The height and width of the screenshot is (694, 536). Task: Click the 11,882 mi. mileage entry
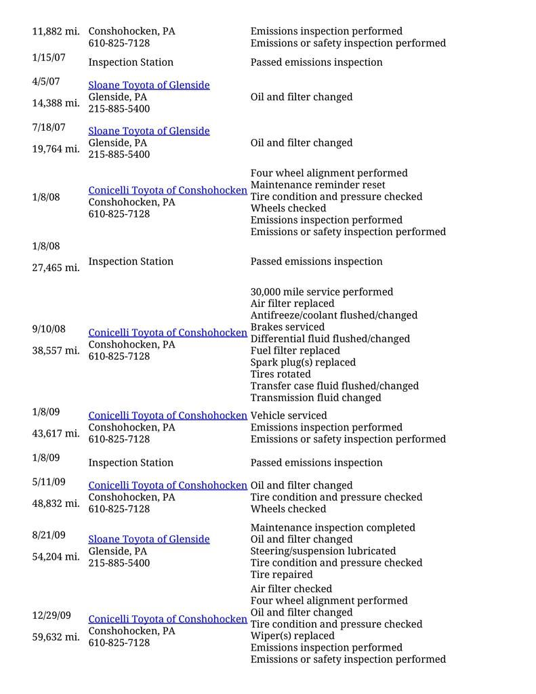click(56, 31)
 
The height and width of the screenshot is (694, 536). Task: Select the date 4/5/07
click(46, 81)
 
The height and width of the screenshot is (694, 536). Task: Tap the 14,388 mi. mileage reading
click(56, 103)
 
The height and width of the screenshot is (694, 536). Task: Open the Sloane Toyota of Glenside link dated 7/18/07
click(149, 131)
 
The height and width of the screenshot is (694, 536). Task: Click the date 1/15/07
click(49, 58)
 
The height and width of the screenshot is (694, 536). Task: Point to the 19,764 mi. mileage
click(56, 148)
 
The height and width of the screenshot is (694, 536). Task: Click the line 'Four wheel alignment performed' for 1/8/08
click(329, 173)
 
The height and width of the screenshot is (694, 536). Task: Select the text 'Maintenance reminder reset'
click(317, 185)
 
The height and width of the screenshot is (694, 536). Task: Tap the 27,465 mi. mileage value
click(56, 268)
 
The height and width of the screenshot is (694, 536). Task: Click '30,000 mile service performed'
click(321, 292)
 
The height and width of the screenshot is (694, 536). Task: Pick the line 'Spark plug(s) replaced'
click(303, 363)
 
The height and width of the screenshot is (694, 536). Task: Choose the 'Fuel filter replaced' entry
click(295, 350)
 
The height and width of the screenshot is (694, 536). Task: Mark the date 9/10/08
click(49, 329)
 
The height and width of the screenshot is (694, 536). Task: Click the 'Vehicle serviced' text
click(288, 415)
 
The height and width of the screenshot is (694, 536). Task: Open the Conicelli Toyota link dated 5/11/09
click(167, 485)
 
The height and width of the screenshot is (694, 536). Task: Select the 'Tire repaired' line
click(281, 575)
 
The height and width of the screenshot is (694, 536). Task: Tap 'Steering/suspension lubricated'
click(323, 551)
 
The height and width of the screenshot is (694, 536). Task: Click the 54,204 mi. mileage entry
click(56, 557)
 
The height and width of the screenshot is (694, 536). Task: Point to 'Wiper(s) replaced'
click(292, 636)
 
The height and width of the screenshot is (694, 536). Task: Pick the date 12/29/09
click(51, 615)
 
